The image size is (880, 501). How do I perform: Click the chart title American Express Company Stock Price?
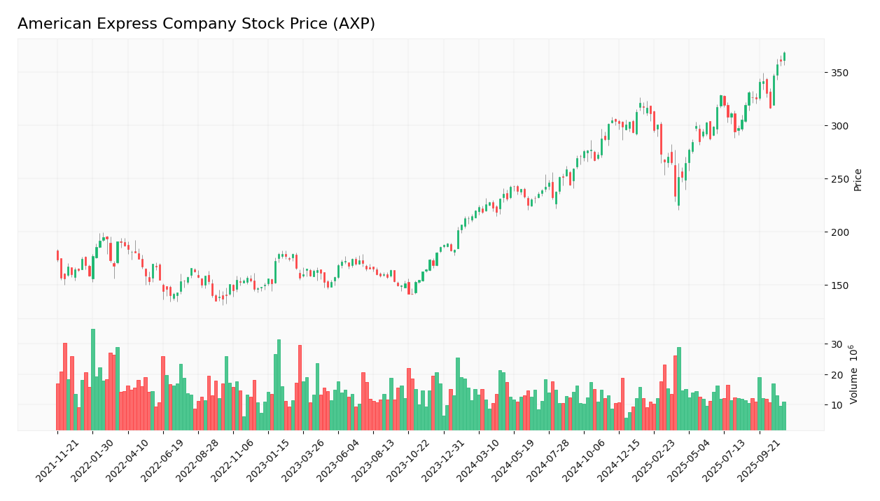(196, 24)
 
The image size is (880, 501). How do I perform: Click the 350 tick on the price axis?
(839, 73)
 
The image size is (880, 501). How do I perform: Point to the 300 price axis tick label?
(839, 126)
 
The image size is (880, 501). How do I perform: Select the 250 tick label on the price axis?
(839, 179)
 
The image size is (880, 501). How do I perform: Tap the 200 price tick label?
(839, 232)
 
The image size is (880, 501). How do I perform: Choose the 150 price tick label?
(839, 285)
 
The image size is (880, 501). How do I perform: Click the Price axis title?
(858, 179)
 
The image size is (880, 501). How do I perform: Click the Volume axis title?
(854, 374)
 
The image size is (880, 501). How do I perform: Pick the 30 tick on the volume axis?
(837, 344)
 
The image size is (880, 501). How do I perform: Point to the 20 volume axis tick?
(837, 375)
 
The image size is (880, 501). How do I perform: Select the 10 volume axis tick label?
(837, 405)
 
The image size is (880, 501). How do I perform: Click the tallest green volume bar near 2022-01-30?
(93, 379)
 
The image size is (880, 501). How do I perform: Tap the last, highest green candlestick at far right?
(784, 57)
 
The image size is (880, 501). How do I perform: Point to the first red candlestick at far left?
(58, 255)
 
